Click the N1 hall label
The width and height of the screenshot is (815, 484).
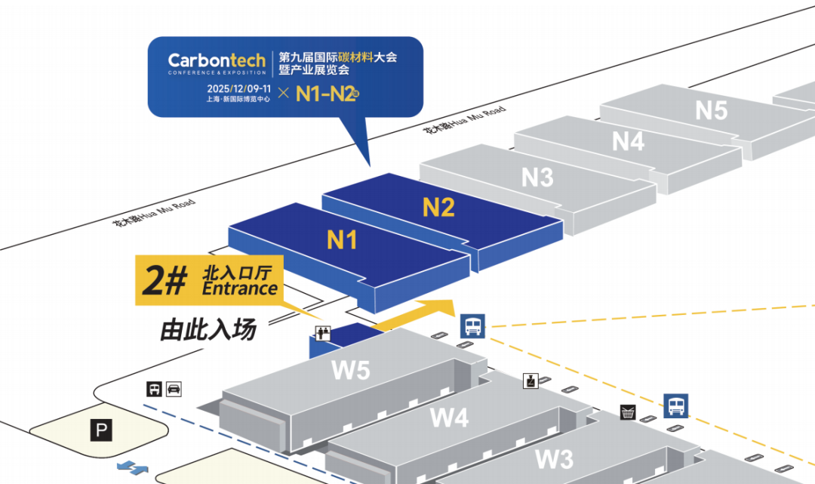[342, 240]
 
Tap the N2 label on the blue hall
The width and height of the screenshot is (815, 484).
[438, 208]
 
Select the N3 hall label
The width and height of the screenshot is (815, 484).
[537, 177]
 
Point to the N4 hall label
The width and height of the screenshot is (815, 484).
[628, 141]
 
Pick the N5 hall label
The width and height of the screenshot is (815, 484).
[712, 110]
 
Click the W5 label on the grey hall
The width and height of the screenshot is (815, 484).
[351, 370]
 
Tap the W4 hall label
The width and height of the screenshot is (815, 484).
[450, 417]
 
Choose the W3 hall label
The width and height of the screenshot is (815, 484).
[555, 459]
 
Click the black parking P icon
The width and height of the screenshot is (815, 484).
[101, 430]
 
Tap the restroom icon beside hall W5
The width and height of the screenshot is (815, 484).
[323, 333]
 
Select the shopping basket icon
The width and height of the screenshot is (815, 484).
[629, 412]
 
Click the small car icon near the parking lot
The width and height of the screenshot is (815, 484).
[174, 389]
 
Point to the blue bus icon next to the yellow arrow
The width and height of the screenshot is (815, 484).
[472, 326]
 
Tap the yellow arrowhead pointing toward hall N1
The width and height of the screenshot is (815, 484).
[441, 307]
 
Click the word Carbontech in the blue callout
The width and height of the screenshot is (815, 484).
[217, 60]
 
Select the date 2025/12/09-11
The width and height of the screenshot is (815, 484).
[238, 89]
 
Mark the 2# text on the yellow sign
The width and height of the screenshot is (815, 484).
[165, 281]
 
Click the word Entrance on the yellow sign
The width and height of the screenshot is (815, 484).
[240, 288]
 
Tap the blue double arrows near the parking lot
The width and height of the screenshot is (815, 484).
[132, 467]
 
